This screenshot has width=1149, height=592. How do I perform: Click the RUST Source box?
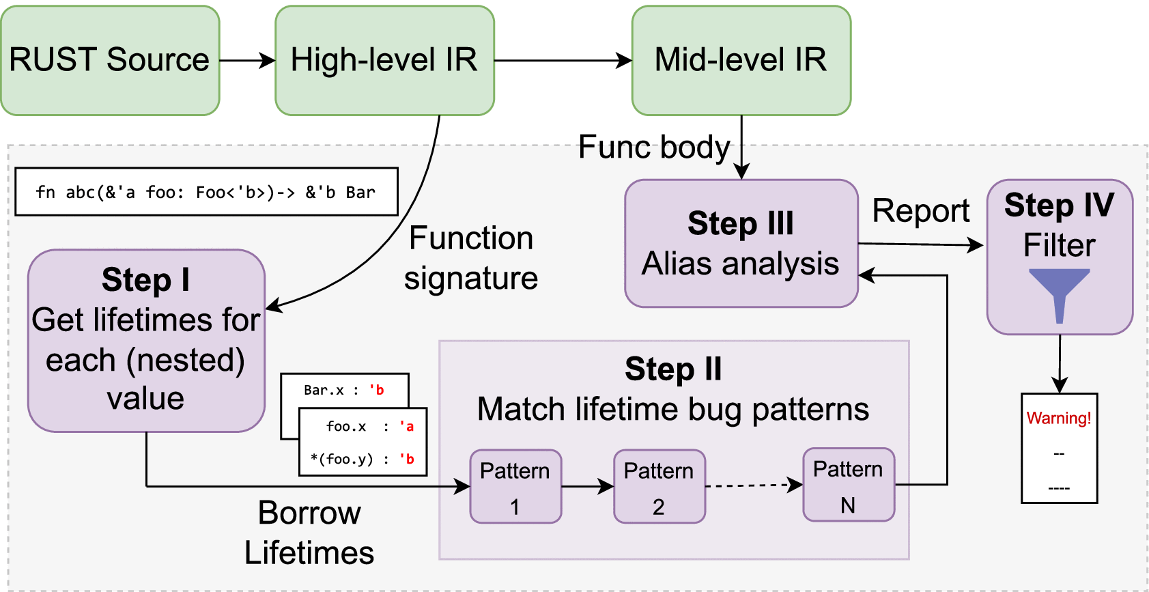pos(110,60)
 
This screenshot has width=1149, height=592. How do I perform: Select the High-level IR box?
pos(384,60)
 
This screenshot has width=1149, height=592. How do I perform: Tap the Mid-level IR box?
pos(741,60)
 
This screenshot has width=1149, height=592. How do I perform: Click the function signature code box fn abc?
pos(206,192)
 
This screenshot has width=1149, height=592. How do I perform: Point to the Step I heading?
pos(145,280)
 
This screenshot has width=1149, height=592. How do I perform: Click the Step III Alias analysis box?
pos(741,244)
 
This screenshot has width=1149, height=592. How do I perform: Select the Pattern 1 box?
pos(515,487)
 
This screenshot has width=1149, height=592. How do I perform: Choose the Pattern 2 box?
pos(659,487)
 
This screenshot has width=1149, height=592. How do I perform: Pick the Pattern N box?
pos(848,485)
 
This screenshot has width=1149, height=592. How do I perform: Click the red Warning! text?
pos(1059,418)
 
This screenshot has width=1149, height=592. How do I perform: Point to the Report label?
pos(920,211)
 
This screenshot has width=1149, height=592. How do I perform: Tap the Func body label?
pos(654,147)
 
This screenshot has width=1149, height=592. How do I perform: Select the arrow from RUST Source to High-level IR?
pos(247,60)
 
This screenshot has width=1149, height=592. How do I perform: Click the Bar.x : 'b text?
pos(344,390)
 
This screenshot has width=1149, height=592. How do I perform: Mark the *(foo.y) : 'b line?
pos(363,459)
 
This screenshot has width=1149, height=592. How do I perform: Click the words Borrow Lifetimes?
pos(309,533)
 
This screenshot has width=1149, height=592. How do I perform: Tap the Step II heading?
pos(673,369)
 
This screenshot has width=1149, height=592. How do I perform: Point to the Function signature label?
pos(471,258)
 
